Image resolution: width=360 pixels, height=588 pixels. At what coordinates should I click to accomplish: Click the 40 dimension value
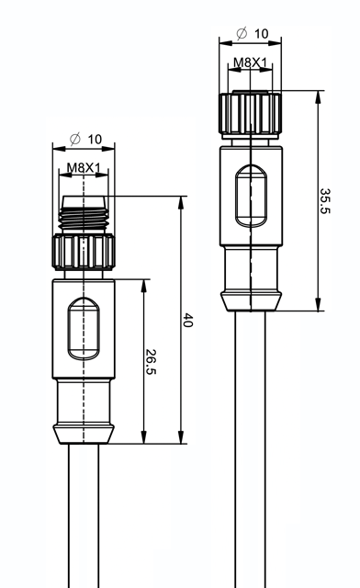coord(187,321)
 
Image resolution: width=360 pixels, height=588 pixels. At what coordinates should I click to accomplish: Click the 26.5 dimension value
coord(151,362)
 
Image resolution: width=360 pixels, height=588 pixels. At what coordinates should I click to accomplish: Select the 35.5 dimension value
coord(325,201)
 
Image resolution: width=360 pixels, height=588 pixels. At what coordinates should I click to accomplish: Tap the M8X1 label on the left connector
coord(84,167)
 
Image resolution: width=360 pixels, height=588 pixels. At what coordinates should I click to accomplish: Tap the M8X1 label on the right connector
coord(251,62)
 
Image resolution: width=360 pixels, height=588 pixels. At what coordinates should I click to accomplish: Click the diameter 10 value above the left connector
coord(95,140)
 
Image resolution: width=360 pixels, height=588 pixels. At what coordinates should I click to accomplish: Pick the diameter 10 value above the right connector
coord(262,34)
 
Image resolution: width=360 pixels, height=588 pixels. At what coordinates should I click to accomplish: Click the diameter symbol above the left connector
coord(75,139)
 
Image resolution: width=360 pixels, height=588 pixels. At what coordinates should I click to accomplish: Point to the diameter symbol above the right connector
coord(242,34)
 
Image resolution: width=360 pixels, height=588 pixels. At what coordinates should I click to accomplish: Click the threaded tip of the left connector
coord(84,214)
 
